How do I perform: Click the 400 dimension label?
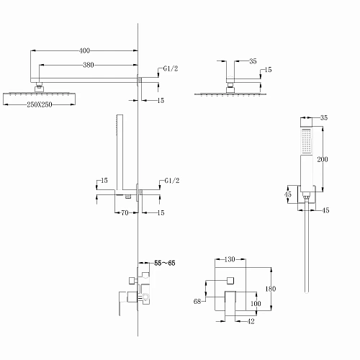pyautogui.click(x=84, y=50)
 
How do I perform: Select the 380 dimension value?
pyautogui.click(x=89, y=65)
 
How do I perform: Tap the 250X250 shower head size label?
pyautogui.click(x=40, y=104)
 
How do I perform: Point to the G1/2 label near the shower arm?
pyautogui.click(x=171, y=68)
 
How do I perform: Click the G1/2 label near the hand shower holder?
pyautogui.click(x=172, y=181)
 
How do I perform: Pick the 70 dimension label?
pyautogui.click(x=125, y=212)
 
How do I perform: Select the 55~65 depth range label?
pyautogui.click(x=165, y=264)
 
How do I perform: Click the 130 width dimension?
pyautogui.click(x=230, y=259)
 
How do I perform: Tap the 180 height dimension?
pyautogui.click(x=271, y=289)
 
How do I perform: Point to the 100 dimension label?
pyautogui.click(x=256, y=304)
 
